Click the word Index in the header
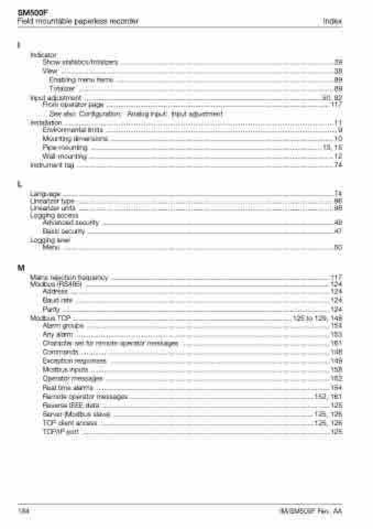tap(333, 21)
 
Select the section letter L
tap(20, 183)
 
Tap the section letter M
tap(21, 268)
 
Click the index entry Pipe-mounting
tap(65, 148)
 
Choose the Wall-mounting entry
tap(64, 156)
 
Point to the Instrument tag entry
tap(52, 165)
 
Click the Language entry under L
tap(45, 193)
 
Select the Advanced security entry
tap(70, 223)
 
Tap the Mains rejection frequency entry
tap(69, 277)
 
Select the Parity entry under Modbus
tap(51, 309)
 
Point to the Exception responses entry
tap(74, 361)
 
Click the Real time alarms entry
tap(68, 387)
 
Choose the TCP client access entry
tap(69, 423)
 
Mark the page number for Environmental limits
tap(340, 130)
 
